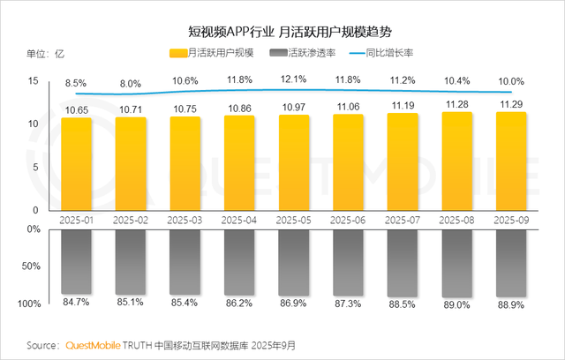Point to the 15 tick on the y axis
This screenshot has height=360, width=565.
34,81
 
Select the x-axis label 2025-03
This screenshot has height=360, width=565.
185,220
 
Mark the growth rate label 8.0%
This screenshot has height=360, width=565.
131,84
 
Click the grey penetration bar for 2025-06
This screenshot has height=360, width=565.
349,261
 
